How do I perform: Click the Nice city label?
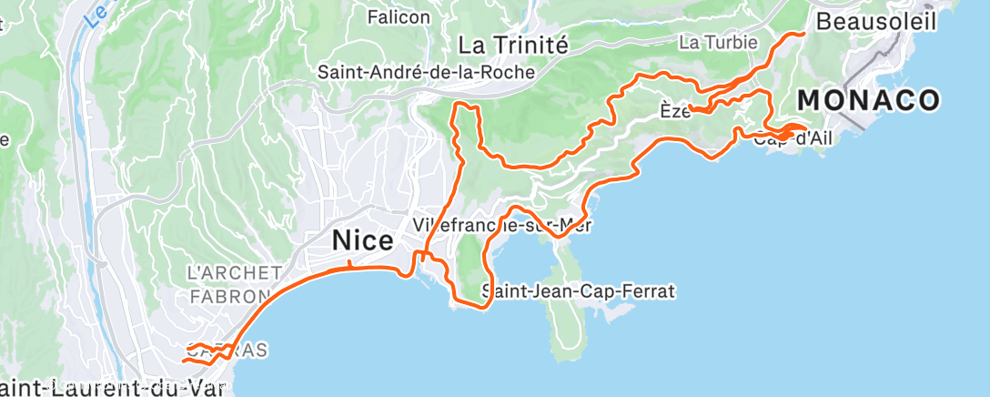click(x=363, y=241)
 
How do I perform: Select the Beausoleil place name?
click(x=875, y=22)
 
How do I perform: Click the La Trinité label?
click(x=512, y=45)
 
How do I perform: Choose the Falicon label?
click(x=399, y=16)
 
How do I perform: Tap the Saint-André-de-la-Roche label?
click(x=425, y=72)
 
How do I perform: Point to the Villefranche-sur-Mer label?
click(x=501, y=224)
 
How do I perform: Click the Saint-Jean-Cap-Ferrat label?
click(x=578, y=292)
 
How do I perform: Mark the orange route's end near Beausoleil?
click(x=804, y=33)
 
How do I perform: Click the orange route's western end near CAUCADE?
click(x=184, y=361)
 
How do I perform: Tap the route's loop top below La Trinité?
click(x=465, y=107)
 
